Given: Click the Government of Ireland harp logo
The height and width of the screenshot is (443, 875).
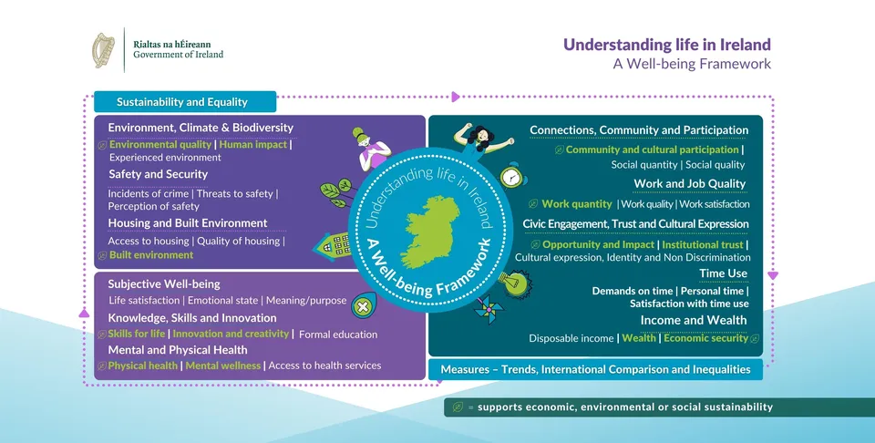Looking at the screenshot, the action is [x=103, y=50].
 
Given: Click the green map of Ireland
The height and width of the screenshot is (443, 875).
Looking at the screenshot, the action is [x=431, y=231].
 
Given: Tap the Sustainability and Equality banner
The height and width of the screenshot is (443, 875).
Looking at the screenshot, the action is [x=185, y=102].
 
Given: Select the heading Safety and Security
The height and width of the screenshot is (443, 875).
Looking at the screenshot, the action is [x=158, y=174].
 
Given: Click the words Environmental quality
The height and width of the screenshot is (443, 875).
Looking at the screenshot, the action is [x=160, y=145].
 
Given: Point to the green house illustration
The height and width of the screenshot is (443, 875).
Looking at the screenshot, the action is [x=333, y=246].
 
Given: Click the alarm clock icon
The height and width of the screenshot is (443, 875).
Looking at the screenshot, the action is [x=511, y=177].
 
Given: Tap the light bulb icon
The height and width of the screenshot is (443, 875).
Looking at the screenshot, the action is [x=514, y=283].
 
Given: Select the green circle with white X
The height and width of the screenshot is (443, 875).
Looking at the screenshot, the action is [x=363, y=306].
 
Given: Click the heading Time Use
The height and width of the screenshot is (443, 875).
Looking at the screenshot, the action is [x=723, y=273].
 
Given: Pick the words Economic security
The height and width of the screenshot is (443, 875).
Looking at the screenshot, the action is [x=705, y=338].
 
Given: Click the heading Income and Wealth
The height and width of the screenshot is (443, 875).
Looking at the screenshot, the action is [x=693, y=320].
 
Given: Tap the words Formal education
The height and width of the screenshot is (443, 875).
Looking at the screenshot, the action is [x=338, y=335].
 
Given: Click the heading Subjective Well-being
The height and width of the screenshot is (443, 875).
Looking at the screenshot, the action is [x=164, y=284].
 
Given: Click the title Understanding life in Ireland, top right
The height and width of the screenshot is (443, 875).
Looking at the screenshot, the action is [x=667, y=45].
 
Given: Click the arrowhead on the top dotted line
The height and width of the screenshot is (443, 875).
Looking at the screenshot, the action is [x=456, y=97].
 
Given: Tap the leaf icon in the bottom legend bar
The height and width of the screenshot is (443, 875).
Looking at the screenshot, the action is [x=458, y=407].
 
